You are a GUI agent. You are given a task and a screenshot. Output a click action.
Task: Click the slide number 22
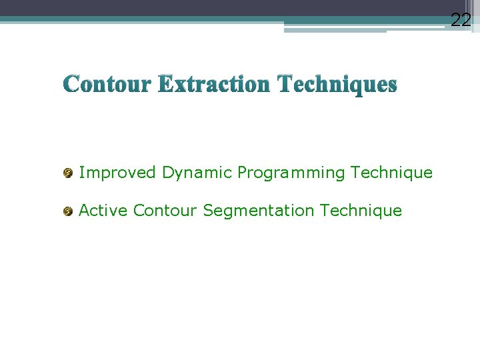[x=461, y=20]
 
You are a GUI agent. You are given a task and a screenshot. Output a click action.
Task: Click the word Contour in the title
[x=108, y=85]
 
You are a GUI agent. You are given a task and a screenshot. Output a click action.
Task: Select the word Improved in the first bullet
[x=117, y=173]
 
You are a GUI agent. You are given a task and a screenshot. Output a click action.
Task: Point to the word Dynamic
[x=197, y=173]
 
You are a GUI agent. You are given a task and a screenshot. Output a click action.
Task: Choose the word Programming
[x=291, y=173]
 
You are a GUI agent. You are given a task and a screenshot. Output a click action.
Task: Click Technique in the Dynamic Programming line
[x=391, y=173]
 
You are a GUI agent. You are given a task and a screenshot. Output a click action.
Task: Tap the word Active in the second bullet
[x=103, y=211]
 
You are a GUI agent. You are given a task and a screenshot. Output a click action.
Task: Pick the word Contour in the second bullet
[x=165, y=211]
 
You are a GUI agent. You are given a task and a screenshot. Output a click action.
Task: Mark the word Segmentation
[x=258, y=211]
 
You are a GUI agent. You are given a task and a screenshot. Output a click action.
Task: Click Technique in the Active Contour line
[x=361, y=211]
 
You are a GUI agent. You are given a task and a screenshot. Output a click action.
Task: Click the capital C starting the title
[x=71, y=85]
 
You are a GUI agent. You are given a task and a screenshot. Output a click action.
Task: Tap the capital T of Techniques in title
[x=285, y=85]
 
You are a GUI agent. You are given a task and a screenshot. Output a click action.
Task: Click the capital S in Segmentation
[x=208, y=211]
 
